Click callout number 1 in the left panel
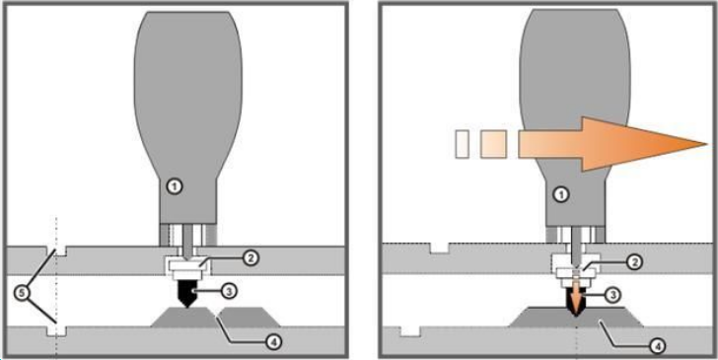point(175,186)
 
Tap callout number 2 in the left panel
point(251,258)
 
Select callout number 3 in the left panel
point(229,290)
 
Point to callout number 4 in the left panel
point(273,341)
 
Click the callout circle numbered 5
point(21,293)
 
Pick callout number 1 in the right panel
point(561,195)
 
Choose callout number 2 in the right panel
point(634,262)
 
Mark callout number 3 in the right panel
point(613,296)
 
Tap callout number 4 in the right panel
point(657,346)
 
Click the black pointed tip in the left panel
point(187,293)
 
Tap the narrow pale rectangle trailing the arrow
point(462,144)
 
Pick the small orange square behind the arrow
point(493,144)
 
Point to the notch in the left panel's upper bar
point(57,251)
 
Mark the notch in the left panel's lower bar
point(57,331)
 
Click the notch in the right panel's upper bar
point(439,248)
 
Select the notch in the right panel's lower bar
point(410,331)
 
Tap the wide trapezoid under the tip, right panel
point(577,317)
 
